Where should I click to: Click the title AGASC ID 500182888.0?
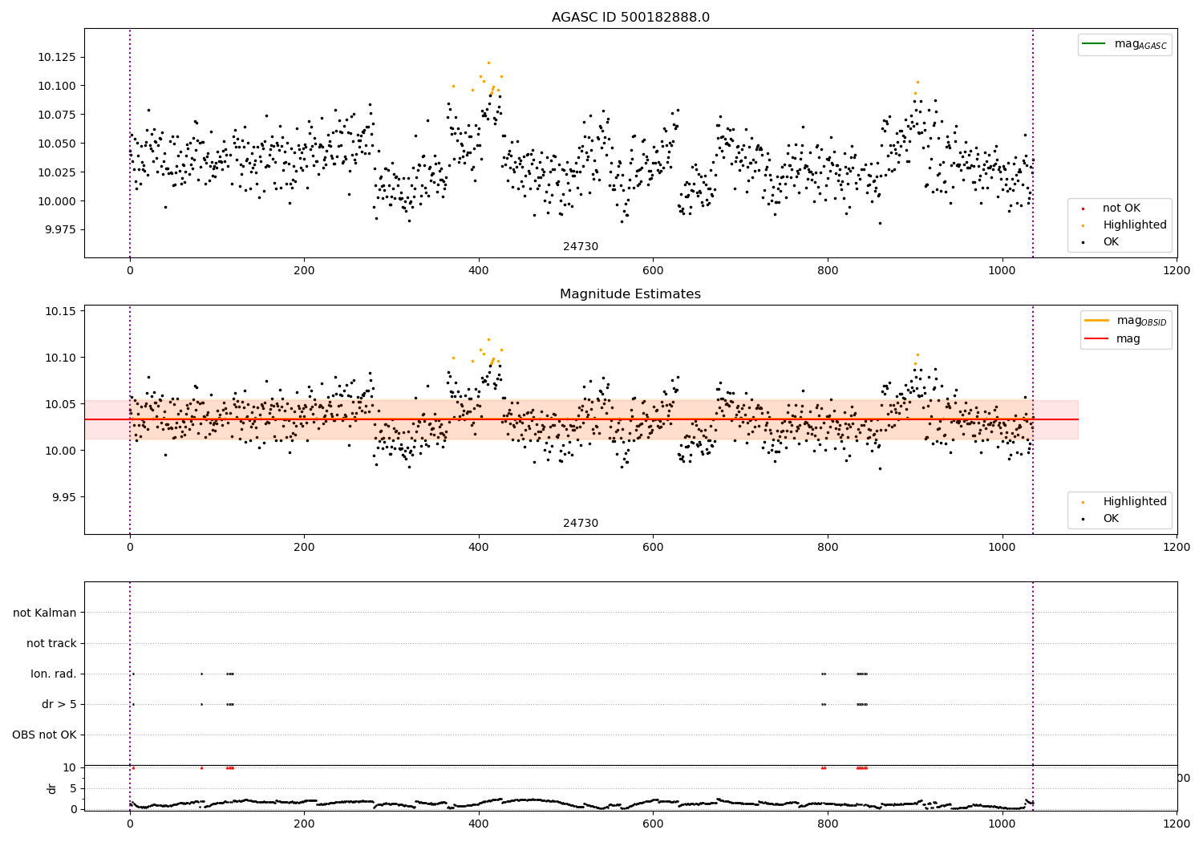630,18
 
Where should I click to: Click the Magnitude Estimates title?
630,294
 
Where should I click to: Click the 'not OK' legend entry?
1120,208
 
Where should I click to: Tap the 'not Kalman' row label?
45,613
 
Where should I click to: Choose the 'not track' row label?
51,644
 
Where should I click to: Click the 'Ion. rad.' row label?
54,674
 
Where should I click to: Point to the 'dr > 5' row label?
59,705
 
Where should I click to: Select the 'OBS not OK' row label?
44,735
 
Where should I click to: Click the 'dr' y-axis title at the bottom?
52,788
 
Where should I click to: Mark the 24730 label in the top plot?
581,247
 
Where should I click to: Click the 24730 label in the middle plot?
581,524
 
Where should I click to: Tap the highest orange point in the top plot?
488,63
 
